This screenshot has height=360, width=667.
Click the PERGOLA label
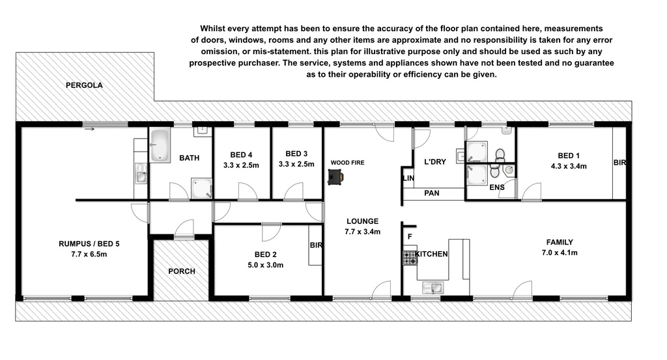coord(84,85)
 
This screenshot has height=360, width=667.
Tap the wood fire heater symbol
coord(335,177)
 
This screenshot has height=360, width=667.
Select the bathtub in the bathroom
coord(160,145)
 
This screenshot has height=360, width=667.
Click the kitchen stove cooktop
coord(410,258)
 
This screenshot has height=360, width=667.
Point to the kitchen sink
coord(433,288)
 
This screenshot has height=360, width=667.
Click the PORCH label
coord(182,271)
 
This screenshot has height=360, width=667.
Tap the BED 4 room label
coord(241,155)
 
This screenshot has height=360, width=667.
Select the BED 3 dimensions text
coord(296,164)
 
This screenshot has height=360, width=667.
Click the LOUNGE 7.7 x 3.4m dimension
coord(362,232)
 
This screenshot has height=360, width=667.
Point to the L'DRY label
coord(435,162)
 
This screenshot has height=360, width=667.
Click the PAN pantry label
coord(432,193)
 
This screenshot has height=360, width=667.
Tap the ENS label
coord(497,187)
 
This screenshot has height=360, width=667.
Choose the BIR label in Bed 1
coord(620,162)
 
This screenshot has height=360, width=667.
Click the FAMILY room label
coord(560,242)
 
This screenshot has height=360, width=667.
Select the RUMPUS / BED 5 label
coord(89,244)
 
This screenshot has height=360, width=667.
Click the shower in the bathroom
coord(202,188)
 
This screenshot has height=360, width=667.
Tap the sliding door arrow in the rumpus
coord(89,129)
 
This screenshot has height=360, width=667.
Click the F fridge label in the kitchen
coord(410,237)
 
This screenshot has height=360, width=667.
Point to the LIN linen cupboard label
coord(408,178)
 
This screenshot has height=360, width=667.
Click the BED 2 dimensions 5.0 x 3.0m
coord(266,265)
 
